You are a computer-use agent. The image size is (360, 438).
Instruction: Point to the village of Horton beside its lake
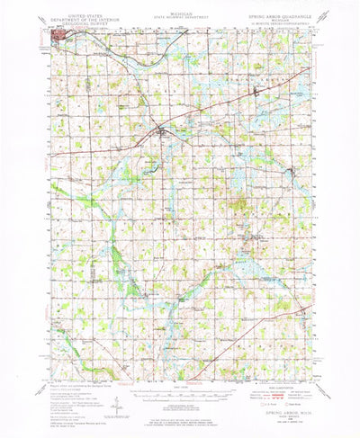(x=290, y=172)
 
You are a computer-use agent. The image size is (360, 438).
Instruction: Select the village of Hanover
(x=254, y=237)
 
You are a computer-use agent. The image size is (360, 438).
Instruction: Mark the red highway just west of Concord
(x=135, y=144)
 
